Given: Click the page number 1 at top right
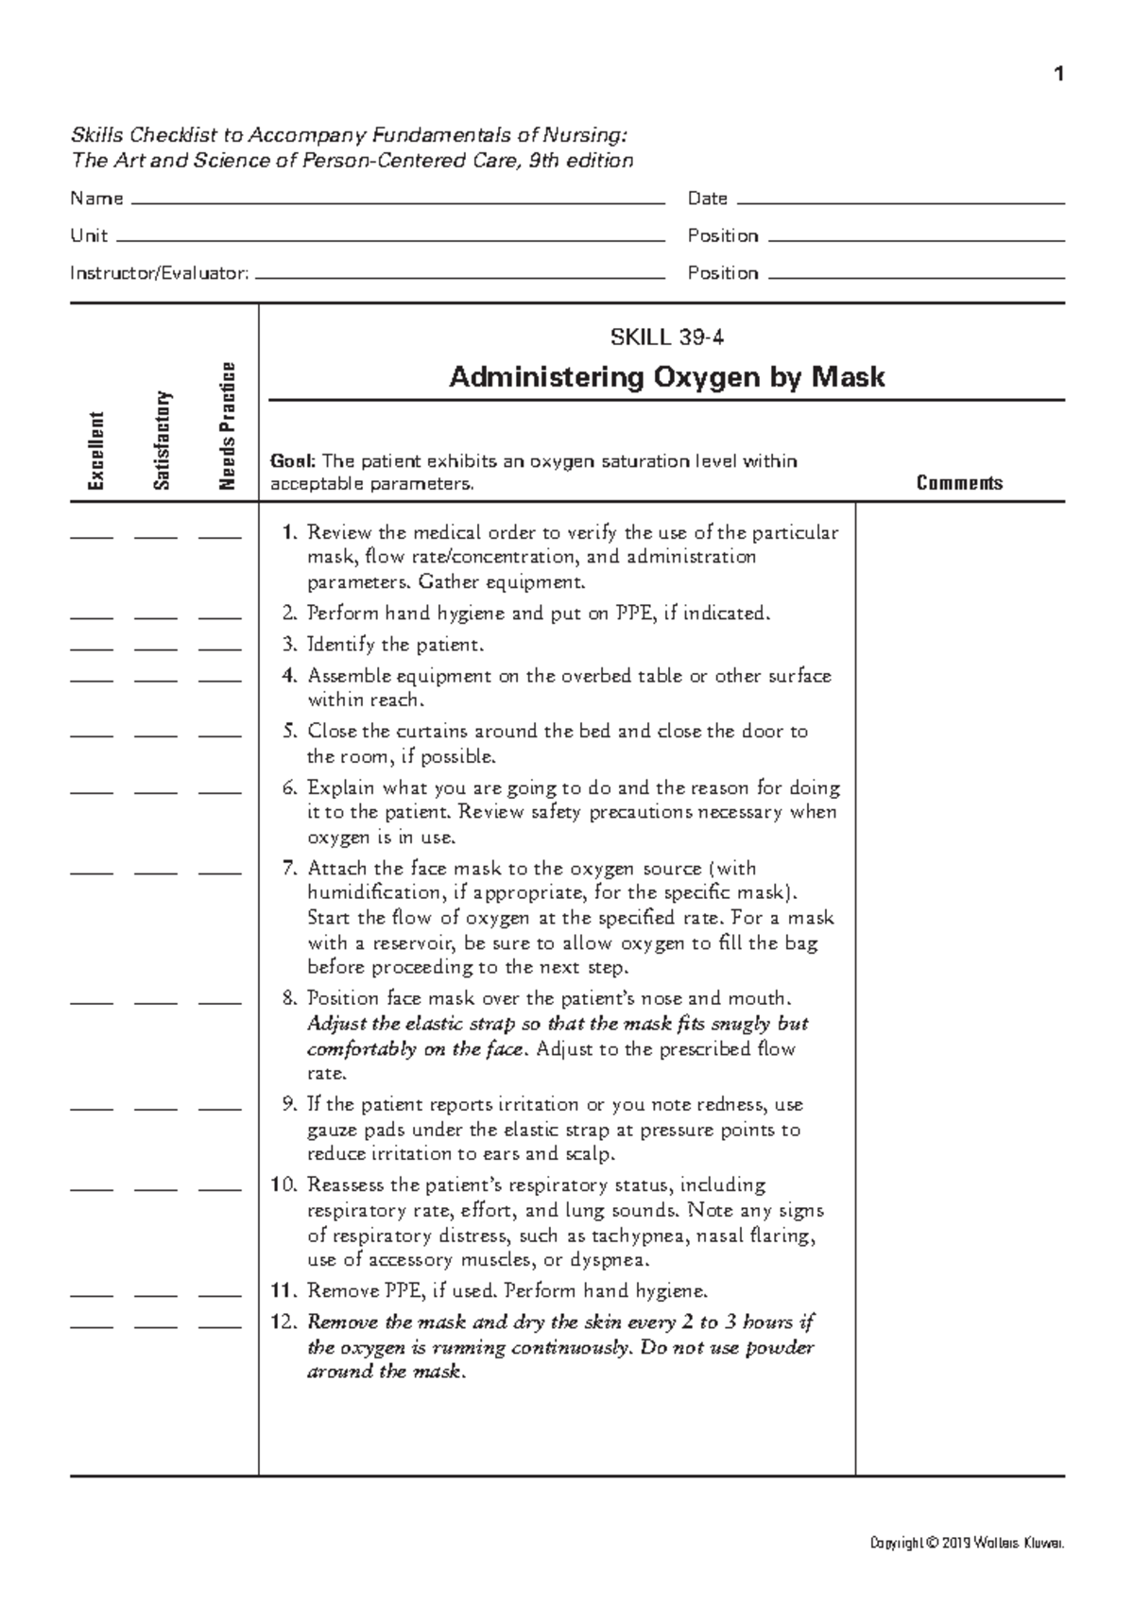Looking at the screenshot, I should [1059, 75].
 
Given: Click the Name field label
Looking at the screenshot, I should [96, 199].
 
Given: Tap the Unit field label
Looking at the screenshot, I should [89, 235].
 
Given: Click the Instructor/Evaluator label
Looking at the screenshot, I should [160, 273].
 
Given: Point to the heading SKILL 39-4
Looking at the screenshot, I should [667, 337].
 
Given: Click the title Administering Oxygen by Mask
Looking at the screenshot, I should [667, 377].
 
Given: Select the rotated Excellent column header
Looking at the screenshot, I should [95, 451].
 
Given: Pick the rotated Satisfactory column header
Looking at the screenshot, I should [161, 441].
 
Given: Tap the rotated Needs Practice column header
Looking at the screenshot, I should [226, 426].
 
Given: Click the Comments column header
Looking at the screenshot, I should [959, 483].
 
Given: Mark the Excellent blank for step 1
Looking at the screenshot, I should [91, 536].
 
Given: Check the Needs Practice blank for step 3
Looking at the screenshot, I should [219, 649].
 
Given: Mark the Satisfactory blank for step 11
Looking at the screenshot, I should [156, 1295].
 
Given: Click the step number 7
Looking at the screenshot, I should [290, 868].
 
